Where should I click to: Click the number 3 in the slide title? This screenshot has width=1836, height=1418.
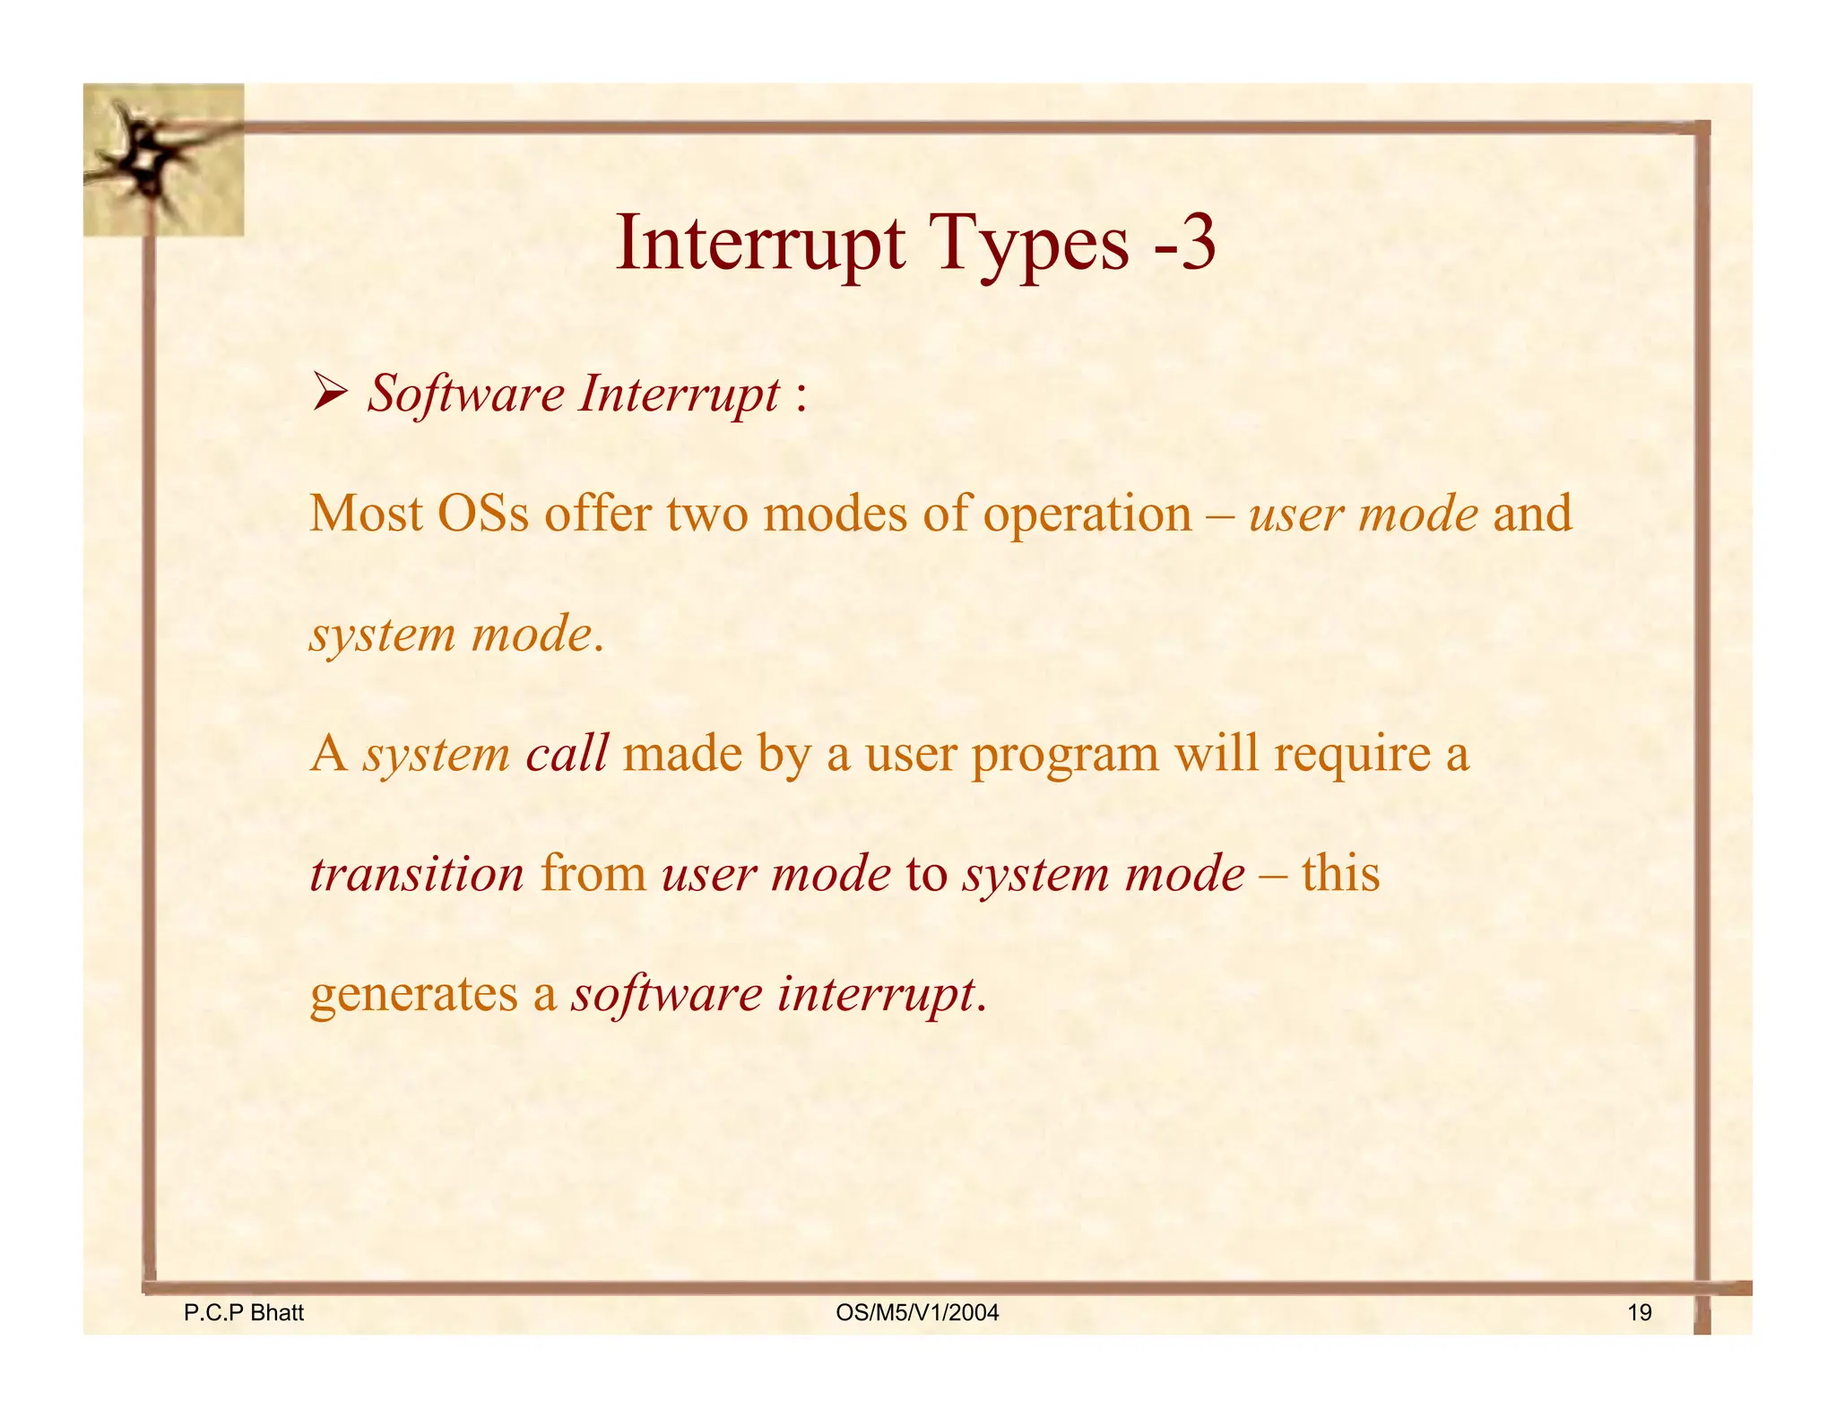click(x=1196, y=244)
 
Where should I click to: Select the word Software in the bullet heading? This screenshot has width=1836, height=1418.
click(x=466, y=394)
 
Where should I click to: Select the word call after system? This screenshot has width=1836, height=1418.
click(x=567, y=753)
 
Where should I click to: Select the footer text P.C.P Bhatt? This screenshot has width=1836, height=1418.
click(x=243, y=1313)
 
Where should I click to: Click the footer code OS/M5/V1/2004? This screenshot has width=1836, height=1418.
click(x=916, y=1313)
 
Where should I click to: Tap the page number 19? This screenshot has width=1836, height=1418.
click(x=1639, y=1313)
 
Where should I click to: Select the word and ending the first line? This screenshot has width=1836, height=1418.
click(x=1531, y=514)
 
